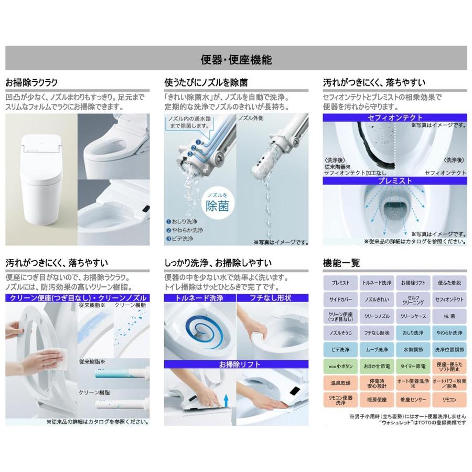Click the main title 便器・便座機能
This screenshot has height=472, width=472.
[236, 59]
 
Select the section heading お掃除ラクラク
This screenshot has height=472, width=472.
[31, 82]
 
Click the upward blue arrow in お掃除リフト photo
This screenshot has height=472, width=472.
[227, 402]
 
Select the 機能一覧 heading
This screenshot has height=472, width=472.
[341, 263]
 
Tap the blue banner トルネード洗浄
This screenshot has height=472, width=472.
[199, 298]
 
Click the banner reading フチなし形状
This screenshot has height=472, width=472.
[271, 298]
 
